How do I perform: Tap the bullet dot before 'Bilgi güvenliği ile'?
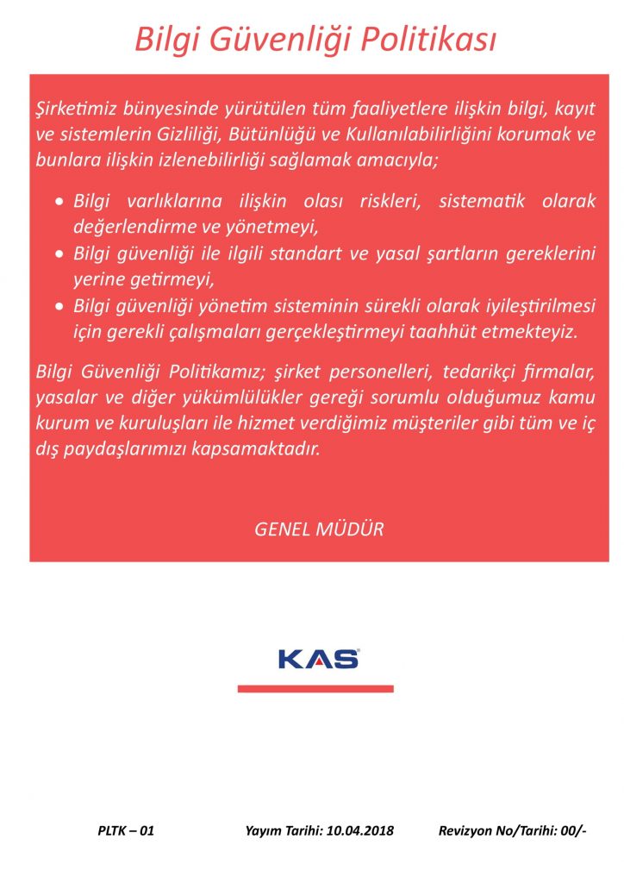(59, 256)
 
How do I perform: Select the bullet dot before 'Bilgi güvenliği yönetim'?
(59, 308)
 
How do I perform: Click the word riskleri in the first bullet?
(390, 202)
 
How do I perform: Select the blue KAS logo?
(318, 660)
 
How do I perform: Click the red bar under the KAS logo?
(315, 688)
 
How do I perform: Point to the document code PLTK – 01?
(126, 831)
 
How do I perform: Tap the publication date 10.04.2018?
(356, 831)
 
